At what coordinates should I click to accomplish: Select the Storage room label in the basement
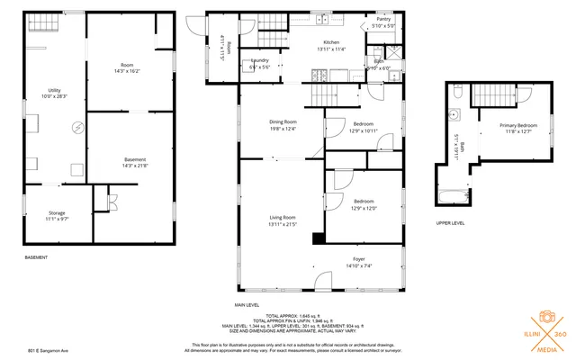[x=57, y=212]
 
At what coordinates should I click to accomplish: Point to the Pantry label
[x=382, y=19]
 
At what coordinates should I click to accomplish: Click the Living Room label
[x=283, y=217]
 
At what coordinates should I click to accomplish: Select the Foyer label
[x=358, y=259]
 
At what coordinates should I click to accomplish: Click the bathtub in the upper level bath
[x=452, y=193]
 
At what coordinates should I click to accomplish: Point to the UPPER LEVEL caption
[x=450, y=222]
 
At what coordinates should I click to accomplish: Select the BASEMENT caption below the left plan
[x=36, y=257]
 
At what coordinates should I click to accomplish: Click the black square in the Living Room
[x=318, y=238]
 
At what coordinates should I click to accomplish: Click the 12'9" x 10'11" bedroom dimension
[x=364, y=131]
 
